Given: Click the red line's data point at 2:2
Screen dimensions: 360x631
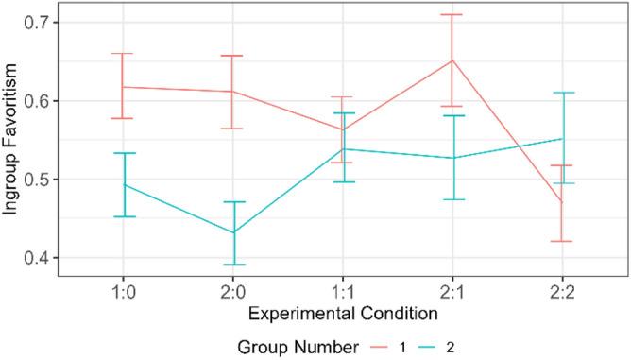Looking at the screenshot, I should pos(563,201).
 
